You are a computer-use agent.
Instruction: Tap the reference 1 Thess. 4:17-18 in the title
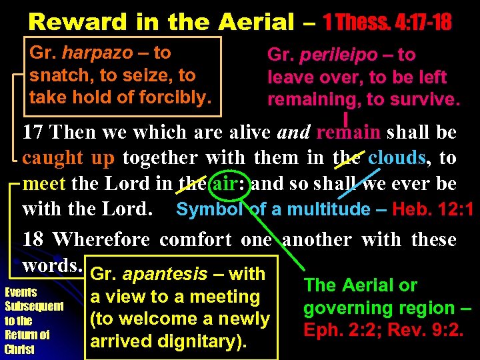pyautogui.click(x=387, y=22)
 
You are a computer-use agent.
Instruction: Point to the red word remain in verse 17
pyautogui.click(x=349, y=132)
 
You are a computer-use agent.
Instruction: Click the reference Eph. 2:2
pyautogui.click(x=333, y=330)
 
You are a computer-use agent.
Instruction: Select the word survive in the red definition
pyautogui.click(x=427, y=100)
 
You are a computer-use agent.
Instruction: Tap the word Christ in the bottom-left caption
pyautogui.click(x=19, y=349)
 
